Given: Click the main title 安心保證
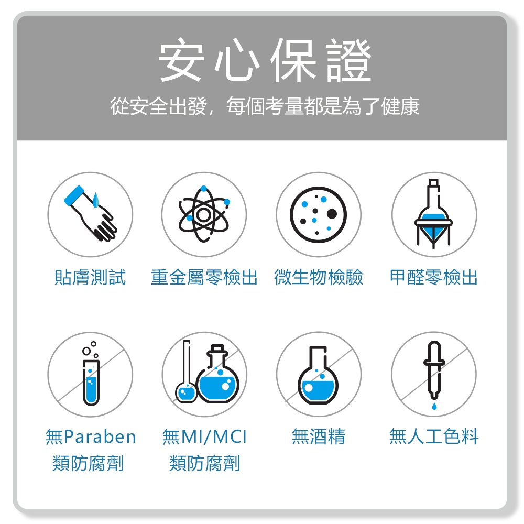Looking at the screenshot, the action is (x=265, y=60).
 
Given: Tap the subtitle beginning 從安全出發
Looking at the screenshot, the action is (x=265, y=106).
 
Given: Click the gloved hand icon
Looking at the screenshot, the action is (x=90, y=214).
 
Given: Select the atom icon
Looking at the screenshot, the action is (x=204, y=214).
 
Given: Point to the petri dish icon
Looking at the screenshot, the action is (x=318, y=214).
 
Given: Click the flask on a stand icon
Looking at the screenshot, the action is (x=433, y=214).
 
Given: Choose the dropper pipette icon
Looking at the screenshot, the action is (x=434, y=370).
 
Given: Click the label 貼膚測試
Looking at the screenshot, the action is (x=90, y=277).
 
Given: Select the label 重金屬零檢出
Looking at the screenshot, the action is (x=204, y=277).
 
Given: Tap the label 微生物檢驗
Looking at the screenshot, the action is (x=319, y=277).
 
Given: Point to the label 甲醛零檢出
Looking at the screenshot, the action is (x=434, y=277).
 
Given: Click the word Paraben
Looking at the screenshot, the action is (x=100, y=437).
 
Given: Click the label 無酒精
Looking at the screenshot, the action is (x=319, y=436).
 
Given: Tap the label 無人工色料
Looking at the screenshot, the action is (x=434, y=436).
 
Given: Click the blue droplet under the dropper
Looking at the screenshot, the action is (x=434, y=407).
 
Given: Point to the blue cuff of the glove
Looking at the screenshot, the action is (x=74, y=195).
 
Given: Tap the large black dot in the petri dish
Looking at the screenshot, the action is (x=332, y=214).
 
